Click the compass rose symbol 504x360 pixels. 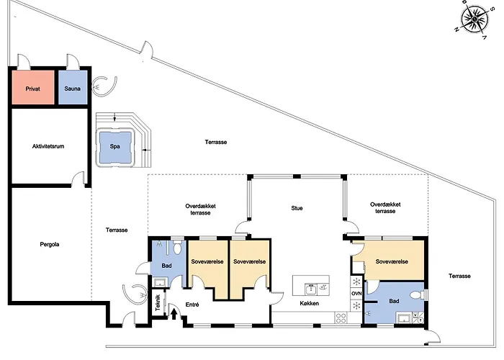click(474, 19)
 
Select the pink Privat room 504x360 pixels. click(33, 87)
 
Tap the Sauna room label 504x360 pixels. click(72, 89)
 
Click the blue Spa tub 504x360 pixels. click(115, 147)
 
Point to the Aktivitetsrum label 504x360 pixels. click(48, 146)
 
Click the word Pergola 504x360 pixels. click(50, 244)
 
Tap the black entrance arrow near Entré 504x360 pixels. click(174, 314)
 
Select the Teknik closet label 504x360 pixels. click(158, 303)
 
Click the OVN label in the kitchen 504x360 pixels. click(356, 294)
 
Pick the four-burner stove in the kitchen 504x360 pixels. click(341, 318)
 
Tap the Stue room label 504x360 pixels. click(297, 208)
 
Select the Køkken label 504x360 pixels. click(309, 303)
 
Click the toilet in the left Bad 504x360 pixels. click(177, 248)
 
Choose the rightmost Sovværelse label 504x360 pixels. click(392, 261)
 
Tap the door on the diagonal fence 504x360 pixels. click(147, 50)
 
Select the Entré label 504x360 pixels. click(192, 305)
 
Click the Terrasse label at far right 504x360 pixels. click(459, 276)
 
